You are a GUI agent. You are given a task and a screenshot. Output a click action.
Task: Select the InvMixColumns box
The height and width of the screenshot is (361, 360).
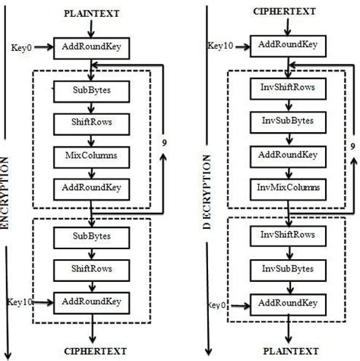(x=283, y=187)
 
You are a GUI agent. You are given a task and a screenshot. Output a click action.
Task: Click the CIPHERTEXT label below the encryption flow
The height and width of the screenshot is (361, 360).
(x=90, y=350)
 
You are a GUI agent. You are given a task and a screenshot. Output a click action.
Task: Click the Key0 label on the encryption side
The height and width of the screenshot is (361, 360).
(x=21, y=48)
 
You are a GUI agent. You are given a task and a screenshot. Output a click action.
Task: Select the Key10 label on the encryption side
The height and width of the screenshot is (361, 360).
(x=19, y=302)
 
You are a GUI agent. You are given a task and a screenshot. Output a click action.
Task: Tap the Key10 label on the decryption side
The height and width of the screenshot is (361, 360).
(x=219, y=46)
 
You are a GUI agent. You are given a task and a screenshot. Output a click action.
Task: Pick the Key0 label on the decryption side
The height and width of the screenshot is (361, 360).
(x=217, y=305)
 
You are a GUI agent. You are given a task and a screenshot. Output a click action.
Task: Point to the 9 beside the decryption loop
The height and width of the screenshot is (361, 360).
(x=352, y=145)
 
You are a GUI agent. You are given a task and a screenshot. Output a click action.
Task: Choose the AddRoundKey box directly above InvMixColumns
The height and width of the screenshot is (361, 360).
(x=283, y=154)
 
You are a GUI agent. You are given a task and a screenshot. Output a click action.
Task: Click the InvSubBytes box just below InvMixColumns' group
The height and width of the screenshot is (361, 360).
(x=283, y=268)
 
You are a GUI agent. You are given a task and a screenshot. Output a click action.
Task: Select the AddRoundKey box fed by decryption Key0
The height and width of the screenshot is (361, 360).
(x=283, y=302)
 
